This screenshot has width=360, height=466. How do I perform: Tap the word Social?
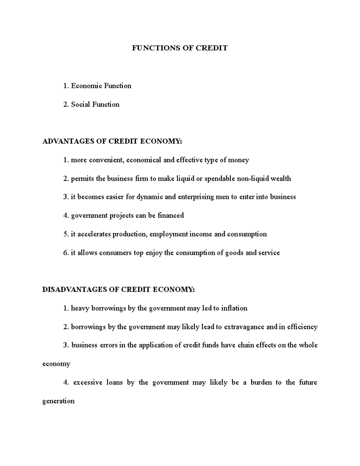point(80,104)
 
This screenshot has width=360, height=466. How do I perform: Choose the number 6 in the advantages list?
point(65,253)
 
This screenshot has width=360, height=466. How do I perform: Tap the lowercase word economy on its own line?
point(56,364)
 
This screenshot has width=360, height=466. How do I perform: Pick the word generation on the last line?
point(58,401)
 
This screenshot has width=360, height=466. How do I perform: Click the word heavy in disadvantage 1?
point(80,308)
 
